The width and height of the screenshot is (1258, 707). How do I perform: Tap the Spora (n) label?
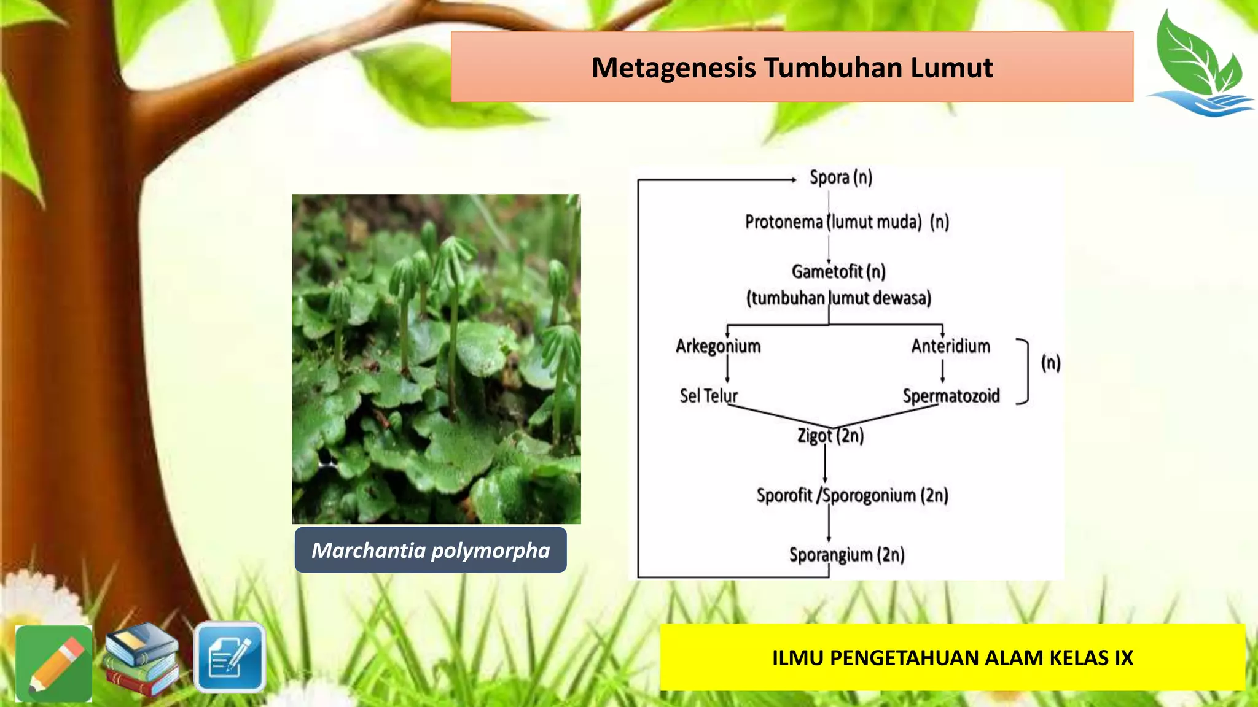point(840,178)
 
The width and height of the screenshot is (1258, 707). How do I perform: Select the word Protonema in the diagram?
point(783,222)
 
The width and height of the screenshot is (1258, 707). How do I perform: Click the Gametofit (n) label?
point(838,271)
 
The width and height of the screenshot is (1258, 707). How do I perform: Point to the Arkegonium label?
point(718,346)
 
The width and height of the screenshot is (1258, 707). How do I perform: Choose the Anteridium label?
point(950,346)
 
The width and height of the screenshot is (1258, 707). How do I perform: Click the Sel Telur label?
point(708,396)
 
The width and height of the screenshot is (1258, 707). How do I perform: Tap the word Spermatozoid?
point(951,396)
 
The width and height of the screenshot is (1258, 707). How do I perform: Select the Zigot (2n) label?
point(830,436)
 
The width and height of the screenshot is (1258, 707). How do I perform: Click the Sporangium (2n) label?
point(846,555)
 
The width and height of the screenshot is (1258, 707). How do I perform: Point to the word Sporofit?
point(784,495)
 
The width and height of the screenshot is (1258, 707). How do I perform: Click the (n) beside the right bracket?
point(1050,363)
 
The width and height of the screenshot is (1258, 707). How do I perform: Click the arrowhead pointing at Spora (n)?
point(793,180)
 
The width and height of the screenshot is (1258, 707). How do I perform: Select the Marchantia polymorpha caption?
point(431,551)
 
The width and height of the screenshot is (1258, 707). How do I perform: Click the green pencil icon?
point(54,663)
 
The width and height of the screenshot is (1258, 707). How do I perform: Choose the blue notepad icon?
point(230,657)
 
